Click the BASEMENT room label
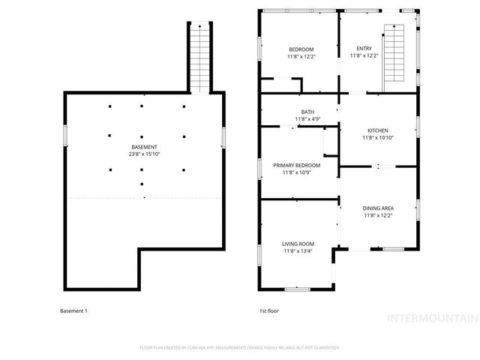point(145,146)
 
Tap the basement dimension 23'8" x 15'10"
point(145,154)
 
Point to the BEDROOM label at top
point(300,49)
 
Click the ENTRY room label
point(364,49)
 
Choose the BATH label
point(307,112)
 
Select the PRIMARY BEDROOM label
point(297,165)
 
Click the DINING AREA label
point(379,208)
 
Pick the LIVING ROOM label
point(298,244)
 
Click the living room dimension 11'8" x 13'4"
point(298,251)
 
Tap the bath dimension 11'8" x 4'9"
point(307,119)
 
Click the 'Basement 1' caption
point(73,310)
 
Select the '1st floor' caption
point(268,310)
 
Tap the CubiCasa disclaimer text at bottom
point(240,348)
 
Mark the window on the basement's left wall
point(65,135)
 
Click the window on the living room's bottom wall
point(298,289)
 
